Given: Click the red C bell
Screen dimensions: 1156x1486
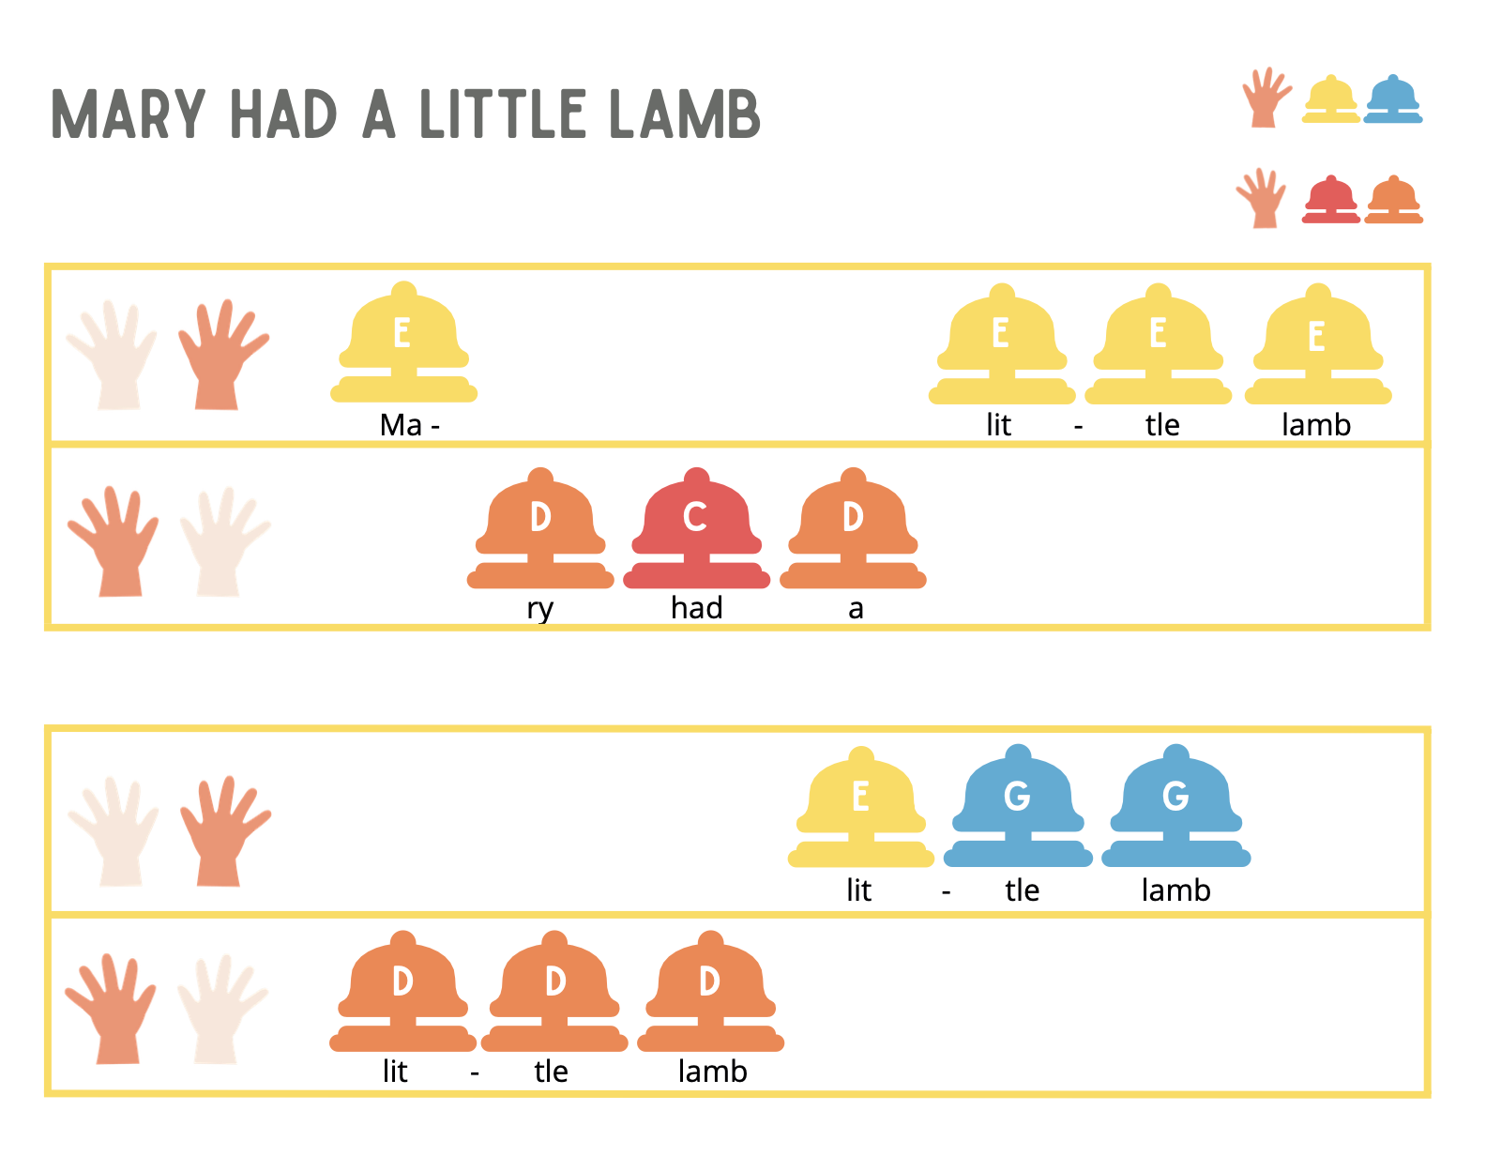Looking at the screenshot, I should coord(696,529).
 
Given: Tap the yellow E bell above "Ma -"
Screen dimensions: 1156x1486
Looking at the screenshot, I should coord(403,343).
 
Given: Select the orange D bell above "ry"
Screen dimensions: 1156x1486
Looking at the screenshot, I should coord(540,529).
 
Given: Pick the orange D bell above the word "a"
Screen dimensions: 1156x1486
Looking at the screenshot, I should coord(853,529).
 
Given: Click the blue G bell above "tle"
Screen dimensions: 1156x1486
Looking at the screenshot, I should coord(1018,807).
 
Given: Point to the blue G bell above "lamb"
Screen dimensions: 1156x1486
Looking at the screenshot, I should coord(1176,807).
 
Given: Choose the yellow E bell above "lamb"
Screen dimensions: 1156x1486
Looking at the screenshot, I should coord(1318,345).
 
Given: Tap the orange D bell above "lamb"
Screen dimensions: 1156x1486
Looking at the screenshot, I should coord(711,993).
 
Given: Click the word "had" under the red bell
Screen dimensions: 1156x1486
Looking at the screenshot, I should coord(697,608).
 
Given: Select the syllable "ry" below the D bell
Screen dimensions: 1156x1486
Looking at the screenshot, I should coord(540,609).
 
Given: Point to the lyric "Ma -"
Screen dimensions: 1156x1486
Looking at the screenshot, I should coord(409,425).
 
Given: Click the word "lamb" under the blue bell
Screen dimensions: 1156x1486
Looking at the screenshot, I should coord(1176,890).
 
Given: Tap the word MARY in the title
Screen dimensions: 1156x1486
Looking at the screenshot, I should coord(129,114).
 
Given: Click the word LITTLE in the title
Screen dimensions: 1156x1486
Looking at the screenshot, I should coord(503,114).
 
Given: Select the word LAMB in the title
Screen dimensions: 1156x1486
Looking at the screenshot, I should coord(685,114).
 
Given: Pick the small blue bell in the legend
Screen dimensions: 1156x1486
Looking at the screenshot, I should coord(1393,99).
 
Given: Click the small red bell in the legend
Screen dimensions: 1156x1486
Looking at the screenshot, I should coord(1330,200).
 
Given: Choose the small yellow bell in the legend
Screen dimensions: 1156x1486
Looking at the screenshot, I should coord(1330,99).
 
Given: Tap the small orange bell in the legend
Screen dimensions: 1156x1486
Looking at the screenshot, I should coord(1394,200).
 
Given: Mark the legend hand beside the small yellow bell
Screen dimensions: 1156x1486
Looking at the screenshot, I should coord(1266,97).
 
